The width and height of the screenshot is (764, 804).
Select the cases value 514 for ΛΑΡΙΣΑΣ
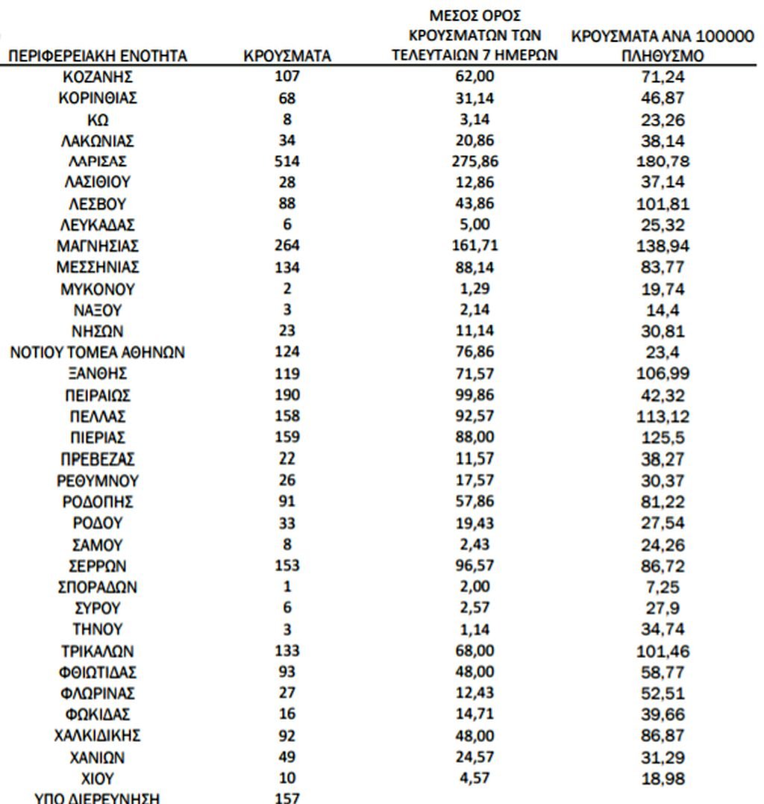(287, 161)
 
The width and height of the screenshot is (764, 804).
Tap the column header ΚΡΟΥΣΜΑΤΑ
(287, 56)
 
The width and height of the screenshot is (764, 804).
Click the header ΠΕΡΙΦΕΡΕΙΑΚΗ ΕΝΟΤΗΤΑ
(97, 56)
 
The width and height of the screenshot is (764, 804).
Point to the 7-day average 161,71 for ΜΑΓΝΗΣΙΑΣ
(475, 246)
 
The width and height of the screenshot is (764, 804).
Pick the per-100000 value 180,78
(664, 161)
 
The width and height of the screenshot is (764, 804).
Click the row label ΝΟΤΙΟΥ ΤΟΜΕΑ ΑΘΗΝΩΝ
(97, 352)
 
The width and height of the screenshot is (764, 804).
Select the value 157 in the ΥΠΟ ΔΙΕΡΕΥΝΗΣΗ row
(287, 797)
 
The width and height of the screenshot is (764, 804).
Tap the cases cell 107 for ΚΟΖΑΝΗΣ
(287, 76)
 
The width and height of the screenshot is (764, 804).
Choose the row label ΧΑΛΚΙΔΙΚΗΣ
(97, 735)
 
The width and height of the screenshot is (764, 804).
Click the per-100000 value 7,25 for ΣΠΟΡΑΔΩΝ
(664, 587)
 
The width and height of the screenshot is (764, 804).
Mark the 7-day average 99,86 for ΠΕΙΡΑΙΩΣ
(475, 395)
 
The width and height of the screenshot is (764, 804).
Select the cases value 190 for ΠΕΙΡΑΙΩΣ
(287, 395)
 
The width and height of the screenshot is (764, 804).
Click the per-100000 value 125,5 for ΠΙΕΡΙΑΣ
(664, 437)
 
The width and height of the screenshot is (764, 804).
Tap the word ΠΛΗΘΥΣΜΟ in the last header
(663, 56)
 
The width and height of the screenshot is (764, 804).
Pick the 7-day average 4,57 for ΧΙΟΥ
(475, 778)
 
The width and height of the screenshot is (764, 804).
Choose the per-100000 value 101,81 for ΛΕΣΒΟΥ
(664, 204)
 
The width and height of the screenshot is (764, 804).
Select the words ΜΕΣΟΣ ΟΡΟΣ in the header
(475, 15)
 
